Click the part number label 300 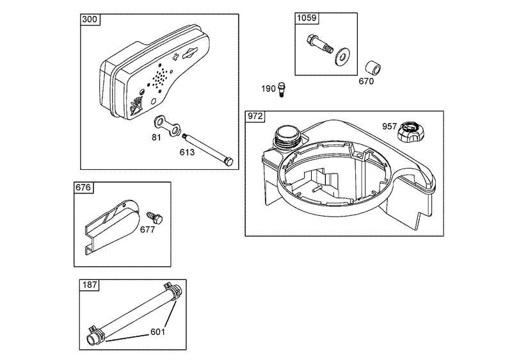(x=90, y=19)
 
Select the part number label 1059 (x=307, y=19)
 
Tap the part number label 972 (x=255, y=116)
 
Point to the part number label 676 (x=84, y=188)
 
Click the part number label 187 (x=89, y=285)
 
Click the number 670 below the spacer (x=366, y=81)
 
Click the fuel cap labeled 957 (x=408, y=134)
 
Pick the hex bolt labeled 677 (x=153, y=218)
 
